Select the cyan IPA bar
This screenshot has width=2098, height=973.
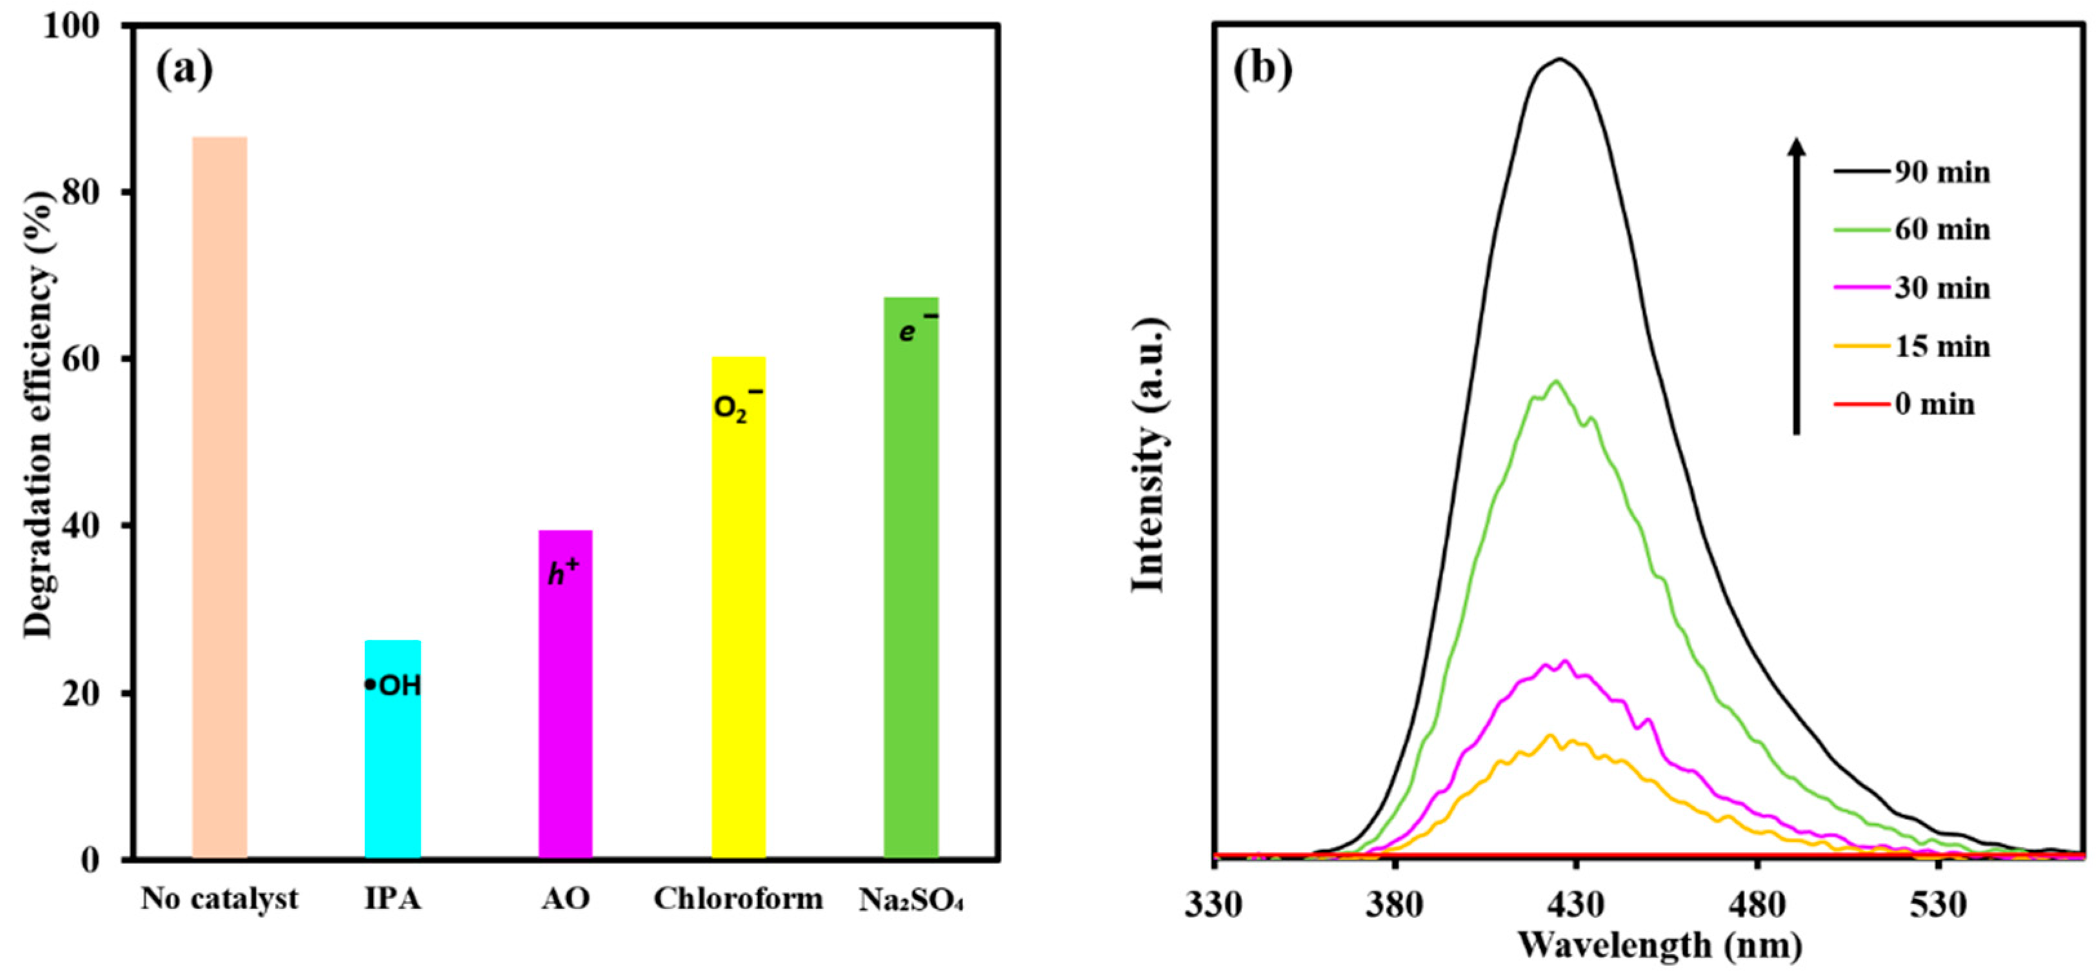click(392, 749)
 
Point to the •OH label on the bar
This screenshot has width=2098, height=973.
click(394, 685)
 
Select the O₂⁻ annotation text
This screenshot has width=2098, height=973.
click(737, 405)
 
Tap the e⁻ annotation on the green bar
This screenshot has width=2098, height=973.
click(917, 328)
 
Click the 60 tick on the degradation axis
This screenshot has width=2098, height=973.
click(90, 359)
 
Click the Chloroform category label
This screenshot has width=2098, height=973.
click(738, 899)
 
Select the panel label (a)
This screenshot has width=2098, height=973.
click(184, 70)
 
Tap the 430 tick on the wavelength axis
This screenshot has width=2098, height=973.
click(1576, 905)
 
